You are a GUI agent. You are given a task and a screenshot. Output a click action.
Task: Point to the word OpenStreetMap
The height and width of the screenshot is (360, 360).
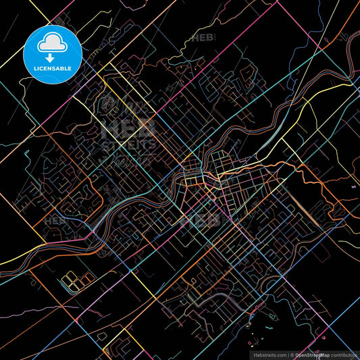coord(312,354)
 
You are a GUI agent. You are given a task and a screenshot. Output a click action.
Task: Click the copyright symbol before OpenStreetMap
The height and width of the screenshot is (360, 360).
coord(292,354)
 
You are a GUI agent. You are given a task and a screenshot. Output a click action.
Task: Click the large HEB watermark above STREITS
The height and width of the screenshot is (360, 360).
coord(128,128)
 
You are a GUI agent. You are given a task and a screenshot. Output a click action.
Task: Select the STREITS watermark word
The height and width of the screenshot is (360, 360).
coord(128,144)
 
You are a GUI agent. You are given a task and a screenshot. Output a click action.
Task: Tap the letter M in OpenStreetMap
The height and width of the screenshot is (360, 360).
coord(324,354)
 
